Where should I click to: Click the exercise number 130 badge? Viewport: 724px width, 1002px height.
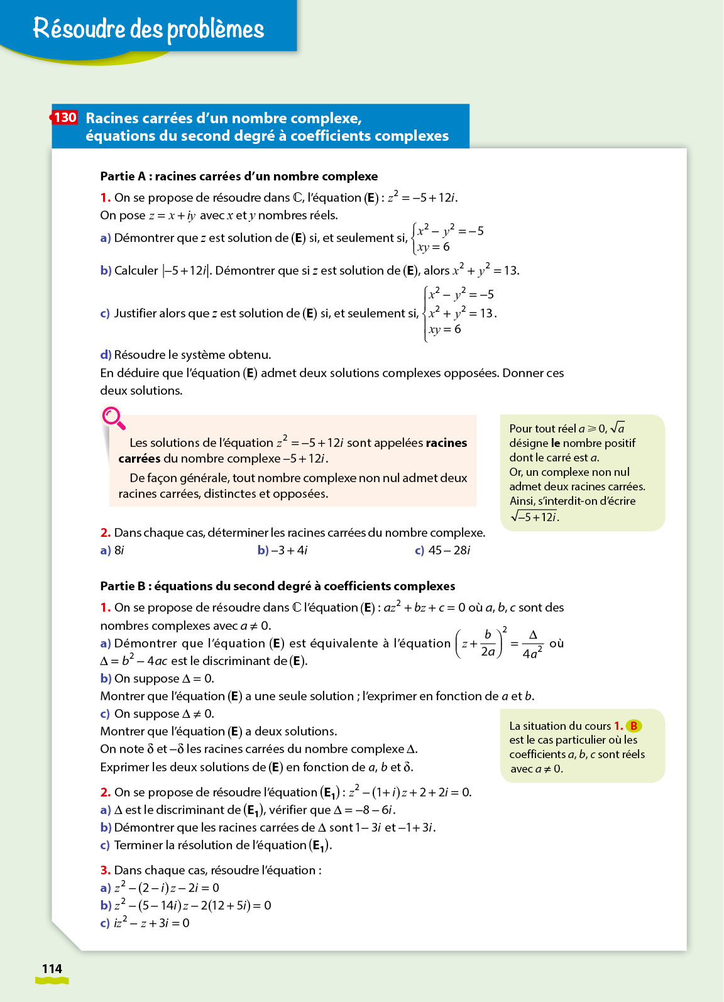click(x=65, y=118)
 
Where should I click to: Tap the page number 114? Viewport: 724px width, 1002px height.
click(x=52, y=969)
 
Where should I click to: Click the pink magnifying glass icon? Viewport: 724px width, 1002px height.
click(x=113, y=418)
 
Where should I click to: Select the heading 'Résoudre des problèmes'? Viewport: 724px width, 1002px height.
click(x=148, y=28)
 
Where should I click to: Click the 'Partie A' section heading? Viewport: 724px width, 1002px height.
click(x=239, y=176)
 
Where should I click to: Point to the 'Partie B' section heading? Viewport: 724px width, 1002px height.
click(x=277, y=586)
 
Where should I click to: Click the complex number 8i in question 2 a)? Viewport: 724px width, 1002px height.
click(x=119, y=550)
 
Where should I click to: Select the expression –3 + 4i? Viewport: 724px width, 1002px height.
click(x=289, y=550)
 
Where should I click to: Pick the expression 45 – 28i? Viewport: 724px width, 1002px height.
click(x=449, y=550)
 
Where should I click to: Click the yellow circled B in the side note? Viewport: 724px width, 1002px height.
click(x=633, y=725)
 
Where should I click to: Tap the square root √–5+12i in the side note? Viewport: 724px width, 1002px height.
click(x=535, y=517)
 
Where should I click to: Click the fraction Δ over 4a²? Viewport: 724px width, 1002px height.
click(x=532, y=644)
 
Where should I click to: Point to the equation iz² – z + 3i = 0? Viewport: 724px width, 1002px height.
click(x=151, y=923)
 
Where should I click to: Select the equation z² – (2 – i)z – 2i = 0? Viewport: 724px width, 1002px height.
click(x=167, y=888)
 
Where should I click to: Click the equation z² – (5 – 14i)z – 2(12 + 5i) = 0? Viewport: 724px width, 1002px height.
click(x=192, y=905)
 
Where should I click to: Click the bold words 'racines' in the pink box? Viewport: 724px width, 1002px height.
click(x=446, y=443)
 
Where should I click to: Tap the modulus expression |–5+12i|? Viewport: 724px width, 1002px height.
click(x=185, y=270)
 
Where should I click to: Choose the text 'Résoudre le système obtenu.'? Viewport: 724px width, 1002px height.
click(x=192, y=355)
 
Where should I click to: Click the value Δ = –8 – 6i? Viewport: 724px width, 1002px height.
click(x=365, y=810)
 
